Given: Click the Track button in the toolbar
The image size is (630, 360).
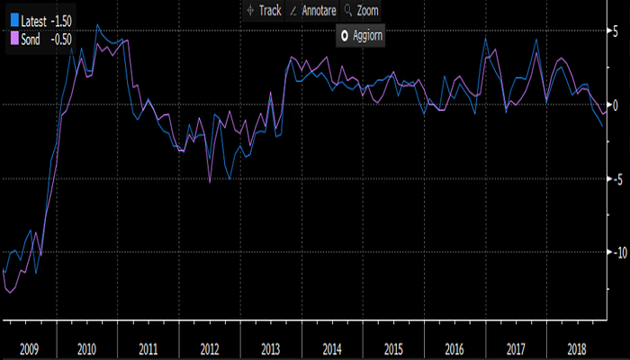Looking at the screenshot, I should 264,10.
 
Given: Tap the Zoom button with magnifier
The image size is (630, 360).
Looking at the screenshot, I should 361,10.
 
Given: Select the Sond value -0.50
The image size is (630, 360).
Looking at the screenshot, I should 60,39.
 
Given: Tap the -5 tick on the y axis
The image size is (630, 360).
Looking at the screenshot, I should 616,177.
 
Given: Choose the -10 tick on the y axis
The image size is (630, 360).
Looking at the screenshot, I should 614,251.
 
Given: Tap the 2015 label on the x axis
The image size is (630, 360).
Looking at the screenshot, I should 393,346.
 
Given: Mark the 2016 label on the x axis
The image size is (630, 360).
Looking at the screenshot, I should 454,346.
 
